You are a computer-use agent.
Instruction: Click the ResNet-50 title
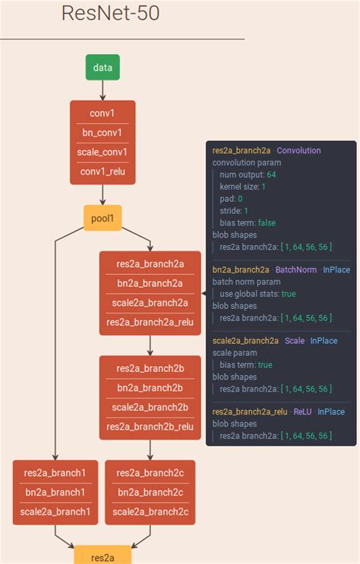pos(110,14)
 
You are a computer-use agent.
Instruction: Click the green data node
pos(103,68)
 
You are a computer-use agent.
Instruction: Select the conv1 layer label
pos(103,112)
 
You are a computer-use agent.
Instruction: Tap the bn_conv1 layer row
pos(103,132)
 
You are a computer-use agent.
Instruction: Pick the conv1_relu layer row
pos(103,171)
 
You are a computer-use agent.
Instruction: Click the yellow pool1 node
pos(103,219)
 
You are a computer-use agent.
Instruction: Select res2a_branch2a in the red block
pos(150,263)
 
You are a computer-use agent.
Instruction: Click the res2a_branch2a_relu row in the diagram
pos(150,323)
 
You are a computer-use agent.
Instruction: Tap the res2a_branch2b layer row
pos(150,368)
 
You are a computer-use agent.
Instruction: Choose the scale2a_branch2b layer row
pos(150,407)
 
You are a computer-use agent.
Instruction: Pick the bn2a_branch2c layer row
pos(150,492)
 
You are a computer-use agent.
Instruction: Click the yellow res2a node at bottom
pos(103,557)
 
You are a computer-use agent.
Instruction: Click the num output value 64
pos(271,175)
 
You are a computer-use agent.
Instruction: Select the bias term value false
pos(267,222)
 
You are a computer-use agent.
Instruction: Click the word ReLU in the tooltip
pos(302,412)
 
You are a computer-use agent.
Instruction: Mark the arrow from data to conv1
pos(103,90)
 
